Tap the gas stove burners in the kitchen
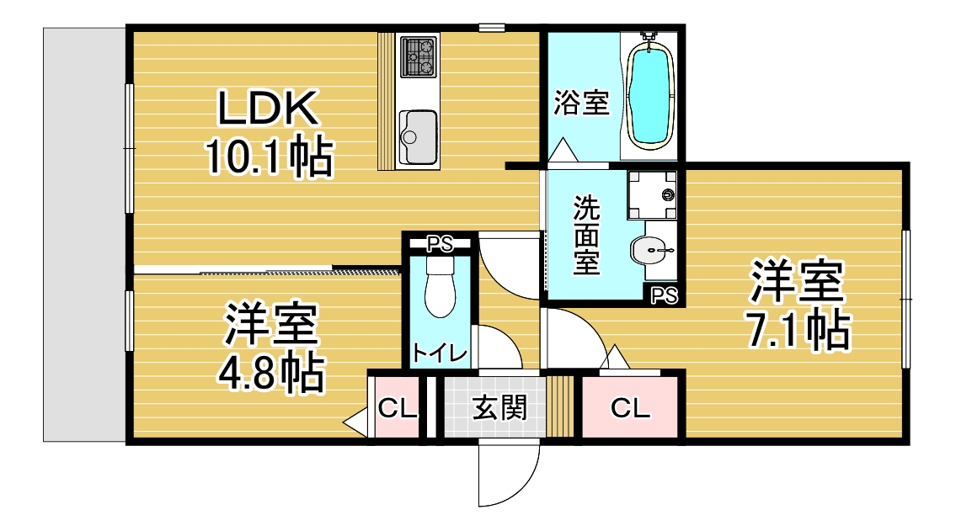419,56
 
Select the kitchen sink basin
419,138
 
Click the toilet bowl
441,287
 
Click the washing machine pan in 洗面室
652,195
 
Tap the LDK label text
268,109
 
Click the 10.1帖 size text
269,157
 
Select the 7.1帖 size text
798,330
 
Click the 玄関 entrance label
500,407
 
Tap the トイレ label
440,353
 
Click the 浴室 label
582,103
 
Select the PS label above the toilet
440,244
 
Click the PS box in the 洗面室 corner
664,295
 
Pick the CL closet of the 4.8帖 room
397,407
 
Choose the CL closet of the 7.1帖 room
630,407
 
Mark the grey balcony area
85,235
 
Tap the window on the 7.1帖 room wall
906,299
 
